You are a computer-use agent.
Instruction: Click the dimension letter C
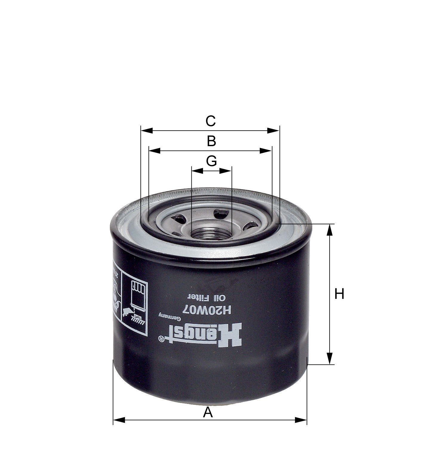210,121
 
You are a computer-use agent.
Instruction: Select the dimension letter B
211,141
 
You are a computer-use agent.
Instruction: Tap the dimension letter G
211,161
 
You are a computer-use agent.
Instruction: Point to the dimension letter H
339,294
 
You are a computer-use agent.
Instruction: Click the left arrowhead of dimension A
119,420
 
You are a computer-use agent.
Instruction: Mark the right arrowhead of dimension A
301,420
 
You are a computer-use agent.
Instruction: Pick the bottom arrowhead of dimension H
329,358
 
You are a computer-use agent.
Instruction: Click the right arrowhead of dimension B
266,151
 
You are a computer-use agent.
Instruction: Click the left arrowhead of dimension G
197,171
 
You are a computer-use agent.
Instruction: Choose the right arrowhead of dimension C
273,131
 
